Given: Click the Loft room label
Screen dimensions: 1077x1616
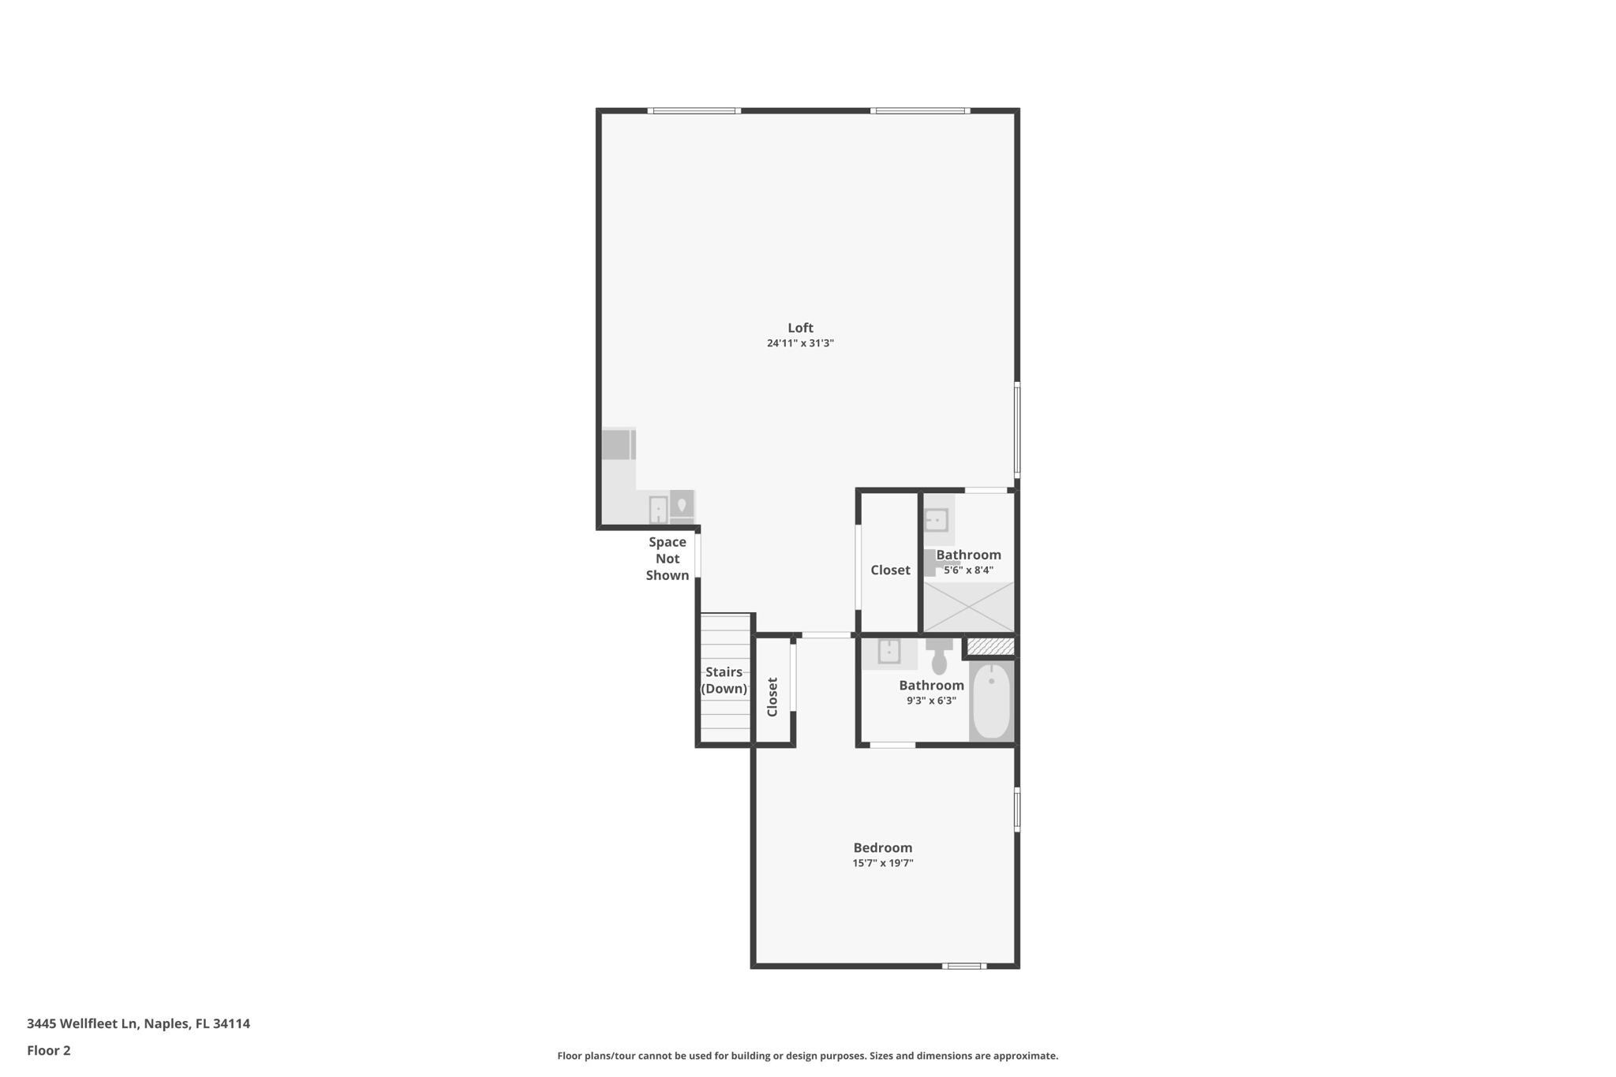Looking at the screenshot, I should click(800, 327).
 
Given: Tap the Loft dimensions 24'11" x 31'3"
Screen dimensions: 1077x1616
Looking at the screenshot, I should click(800, 343).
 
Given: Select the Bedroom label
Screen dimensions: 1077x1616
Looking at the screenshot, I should click(882, 847).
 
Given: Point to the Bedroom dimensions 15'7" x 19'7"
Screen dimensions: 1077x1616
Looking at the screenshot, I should click(882, 863).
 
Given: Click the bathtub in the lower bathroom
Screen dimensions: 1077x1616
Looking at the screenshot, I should click(991, 701).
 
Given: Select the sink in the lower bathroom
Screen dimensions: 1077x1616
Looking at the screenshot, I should click(889, 652).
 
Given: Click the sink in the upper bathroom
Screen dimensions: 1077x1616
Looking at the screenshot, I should click(936, 521).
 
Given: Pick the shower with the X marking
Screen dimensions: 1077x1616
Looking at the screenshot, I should click(968, 607).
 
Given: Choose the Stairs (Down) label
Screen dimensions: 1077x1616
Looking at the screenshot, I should click(724, 680).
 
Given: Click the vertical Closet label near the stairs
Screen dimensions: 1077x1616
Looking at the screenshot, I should click(772, 697).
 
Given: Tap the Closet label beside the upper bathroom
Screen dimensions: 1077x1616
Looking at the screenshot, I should click(890, 570).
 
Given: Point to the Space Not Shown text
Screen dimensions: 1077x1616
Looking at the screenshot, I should click(668, 559).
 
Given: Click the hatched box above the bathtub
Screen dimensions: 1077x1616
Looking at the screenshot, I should click(990, 647).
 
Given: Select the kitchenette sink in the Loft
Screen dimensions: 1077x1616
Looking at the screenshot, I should click(658, 509).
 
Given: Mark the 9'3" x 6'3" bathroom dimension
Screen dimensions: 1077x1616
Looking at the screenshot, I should click(931, 701).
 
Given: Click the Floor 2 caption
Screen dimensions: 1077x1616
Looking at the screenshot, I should click(49, 1050).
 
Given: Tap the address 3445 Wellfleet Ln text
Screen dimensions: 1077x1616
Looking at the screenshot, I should click(138, 1023).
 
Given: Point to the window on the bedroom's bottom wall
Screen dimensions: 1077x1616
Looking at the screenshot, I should click(963, 966).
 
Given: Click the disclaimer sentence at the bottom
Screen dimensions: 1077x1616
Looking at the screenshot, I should click(807, 1056).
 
